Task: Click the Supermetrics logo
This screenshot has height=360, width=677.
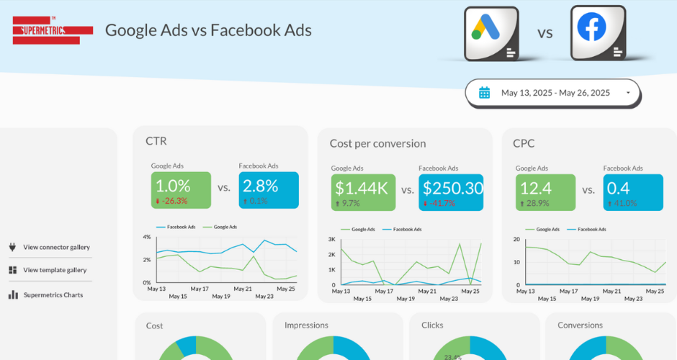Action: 53,30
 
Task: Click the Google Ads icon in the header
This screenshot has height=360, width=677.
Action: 492,33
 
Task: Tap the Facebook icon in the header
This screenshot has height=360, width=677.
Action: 598,32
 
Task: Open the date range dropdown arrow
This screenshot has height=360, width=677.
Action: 628,93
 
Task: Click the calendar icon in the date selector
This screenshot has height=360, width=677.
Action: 485,93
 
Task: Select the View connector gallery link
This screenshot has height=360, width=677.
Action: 56,247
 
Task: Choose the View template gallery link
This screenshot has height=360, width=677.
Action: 55,270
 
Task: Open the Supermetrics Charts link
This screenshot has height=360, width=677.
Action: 53,294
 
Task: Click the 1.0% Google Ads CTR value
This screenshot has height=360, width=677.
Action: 173,186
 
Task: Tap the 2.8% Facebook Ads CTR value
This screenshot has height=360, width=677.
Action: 261,186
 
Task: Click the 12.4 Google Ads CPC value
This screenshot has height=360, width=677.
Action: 537,188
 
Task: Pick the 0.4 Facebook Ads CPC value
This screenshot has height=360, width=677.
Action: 617,188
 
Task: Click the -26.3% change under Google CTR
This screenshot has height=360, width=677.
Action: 174,202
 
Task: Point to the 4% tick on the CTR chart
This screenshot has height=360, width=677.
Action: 146,237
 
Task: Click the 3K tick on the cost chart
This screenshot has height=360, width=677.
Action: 332,239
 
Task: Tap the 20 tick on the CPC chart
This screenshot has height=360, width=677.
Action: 516,239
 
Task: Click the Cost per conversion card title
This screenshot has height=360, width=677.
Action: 377,143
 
